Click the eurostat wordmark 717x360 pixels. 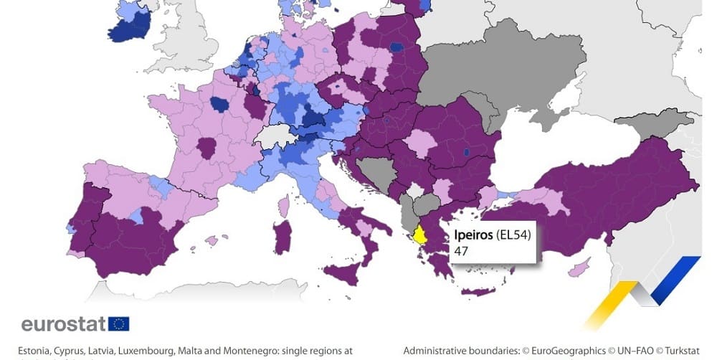(63, 324)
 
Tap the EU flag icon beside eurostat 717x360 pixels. (119, 323)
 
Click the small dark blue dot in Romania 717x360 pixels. (467, 152)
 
